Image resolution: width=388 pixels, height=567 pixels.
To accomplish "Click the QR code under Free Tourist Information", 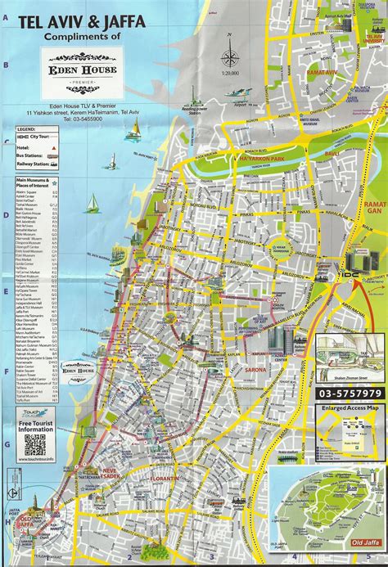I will point(34,444).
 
